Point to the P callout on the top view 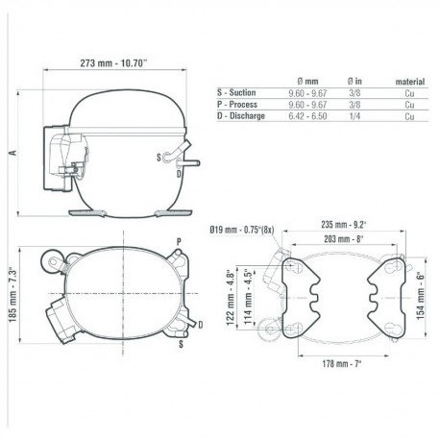179,239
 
